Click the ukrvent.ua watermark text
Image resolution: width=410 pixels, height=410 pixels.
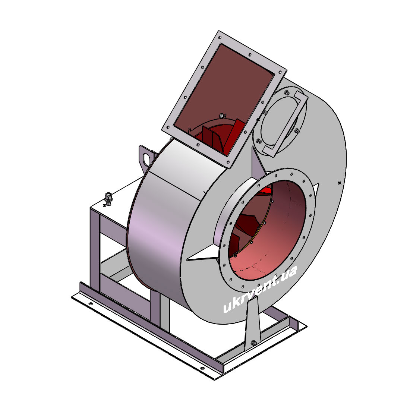point(260,289)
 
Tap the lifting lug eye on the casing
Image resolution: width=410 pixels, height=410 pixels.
point(146,158)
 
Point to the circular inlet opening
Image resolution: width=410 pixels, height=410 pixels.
point(267,230)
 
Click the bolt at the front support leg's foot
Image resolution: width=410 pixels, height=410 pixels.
point(253,343)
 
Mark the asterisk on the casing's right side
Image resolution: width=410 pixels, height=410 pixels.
point(340,183)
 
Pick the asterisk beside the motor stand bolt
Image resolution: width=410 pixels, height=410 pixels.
point(105,205)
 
